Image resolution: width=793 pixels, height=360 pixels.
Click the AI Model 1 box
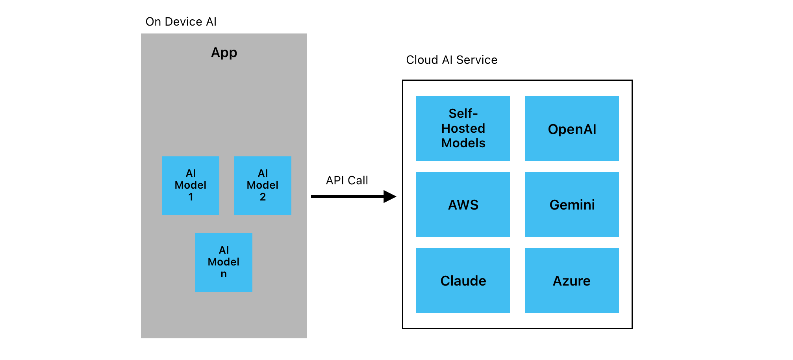coord(191,185)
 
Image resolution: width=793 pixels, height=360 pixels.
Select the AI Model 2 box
coord(263,185)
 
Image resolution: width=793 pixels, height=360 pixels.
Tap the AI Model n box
coord(224,262)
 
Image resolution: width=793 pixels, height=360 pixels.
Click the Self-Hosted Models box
coord(463,128)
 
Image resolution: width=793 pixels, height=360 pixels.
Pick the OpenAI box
coord(572,128)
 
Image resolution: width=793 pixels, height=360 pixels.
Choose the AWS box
coord(463,204)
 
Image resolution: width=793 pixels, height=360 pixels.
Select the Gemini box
coord(572,204)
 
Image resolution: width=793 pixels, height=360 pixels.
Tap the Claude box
coord(463,280)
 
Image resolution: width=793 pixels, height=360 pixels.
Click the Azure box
coord(572,280)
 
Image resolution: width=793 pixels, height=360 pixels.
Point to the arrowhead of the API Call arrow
coord(390,196)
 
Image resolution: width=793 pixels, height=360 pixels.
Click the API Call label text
coord(347,180)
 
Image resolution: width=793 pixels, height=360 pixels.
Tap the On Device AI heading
coord(181,22)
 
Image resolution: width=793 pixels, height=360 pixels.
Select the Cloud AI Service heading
coord(452,60)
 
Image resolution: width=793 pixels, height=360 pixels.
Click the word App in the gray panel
coord(224,52)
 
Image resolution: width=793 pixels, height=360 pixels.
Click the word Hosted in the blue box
coord(463,128)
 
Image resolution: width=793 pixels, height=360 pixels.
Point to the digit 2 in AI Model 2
coord(263,197)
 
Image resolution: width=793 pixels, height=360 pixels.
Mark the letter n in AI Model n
coord(224,274)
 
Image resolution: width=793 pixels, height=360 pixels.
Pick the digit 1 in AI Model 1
coord(191,197)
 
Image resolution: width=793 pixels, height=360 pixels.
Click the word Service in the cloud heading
coord(477,60)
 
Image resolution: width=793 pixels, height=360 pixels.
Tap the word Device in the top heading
coord(183,22)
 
